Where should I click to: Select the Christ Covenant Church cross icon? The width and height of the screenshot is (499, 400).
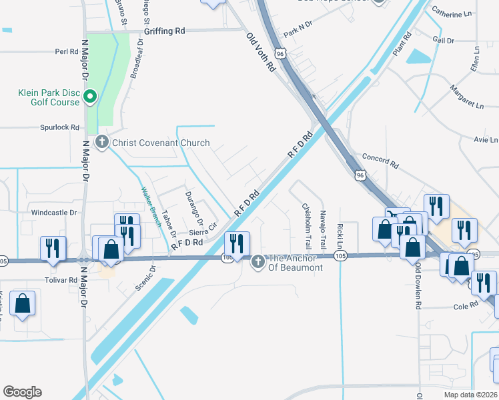tap(101, 142)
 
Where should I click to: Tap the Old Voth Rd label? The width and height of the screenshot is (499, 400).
tap(261, 53)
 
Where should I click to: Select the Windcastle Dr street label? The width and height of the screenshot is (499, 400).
tap(55, 213)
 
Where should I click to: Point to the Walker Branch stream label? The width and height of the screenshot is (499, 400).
tap(151, 206)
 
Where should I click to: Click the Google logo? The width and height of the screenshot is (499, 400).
tap(22, 392)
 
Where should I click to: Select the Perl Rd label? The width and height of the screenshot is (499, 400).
tap(67, 51)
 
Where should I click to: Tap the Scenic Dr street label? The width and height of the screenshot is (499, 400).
tap(144, 279)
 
